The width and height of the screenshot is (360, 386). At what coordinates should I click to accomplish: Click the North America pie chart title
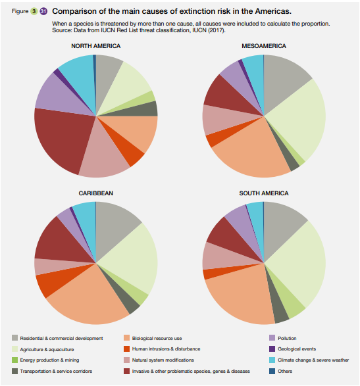pos(96,46)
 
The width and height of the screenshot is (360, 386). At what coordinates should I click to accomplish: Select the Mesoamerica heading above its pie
pos(264,46)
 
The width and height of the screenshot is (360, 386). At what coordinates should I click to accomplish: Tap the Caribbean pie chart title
pos(96,193)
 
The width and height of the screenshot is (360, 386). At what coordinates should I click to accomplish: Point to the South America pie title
pos(264,193)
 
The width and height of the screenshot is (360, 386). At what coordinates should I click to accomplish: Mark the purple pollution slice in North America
pos(59,96)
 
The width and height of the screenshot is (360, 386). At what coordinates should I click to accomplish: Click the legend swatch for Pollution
pos(272,338)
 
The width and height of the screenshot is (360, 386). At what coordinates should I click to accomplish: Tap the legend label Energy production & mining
pos(49,360)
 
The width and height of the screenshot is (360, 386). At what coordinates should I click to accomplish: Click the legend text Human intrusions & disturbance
pos(166,349)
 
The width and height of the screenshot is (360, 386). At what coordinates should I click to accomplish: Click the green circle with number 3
pos(34,11)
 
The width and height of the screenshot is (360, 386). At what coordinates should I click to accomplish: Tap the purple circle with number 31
pos(43,11)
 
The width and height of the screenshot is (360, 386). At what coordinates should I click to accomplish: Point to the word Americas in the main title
pos(273,11)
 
